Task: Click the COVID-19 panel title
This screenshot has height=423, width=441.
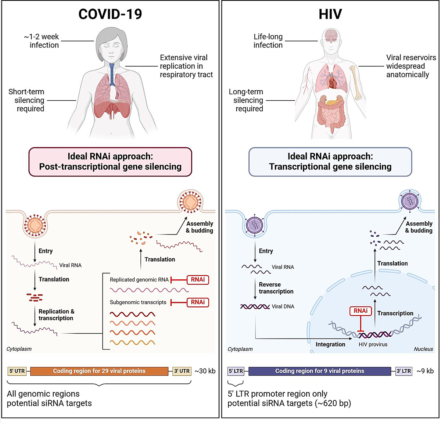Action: pyautogui.click(x=110, y=14)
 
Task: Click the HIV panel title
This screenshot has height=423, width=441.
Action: pyautogui.click(x=330, y=14)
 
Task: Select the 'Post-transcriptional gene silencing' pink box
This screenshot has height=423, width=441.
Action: pyautogui.click(x=110, y=162)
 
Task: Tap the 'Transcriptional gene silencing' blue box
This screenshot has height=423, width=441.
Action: pyautogui.click(x=330, y=162)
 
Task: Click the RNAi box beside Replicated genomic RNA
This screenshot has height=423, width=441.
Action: pyautogui.click(x=198, y=280)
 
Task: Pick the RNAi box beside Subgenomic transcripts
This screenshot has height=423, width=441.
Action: pyautogui.click(x=198, y=302)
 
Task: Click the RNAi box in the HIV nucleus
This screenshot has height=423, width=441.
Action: pyautogui.click(x=361, y=311)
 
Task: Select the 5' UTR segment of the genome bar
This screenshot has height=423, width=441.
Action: pyautogui.click(x=17, y=371)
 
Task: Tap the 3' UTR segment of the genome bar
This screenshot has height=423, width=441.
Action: pyautogui.click(x=182, y=371)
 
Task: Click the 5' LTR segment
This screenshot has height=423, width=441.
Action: pyautogui.click(x=236, y=371)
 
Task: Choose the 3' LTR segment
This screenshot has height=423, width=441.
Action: pyautogui.click(x=404, y=371)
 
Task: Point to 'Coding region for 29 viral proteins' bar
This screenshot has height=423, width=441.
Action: pyautogui.click(x=99, y=371)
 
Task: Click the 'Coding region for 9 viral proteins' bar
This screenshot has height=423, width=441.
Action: pyautogui.click(x=320, y=371)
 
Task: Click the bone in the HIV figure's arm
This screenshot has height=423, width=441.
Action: pyautogui.click(x=356, y=83)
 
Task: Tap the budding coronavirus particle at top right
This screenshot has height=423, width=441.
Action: pyautogui.click(x=190, y=202)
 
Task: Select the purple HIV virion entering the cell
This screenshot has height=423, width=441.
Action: pyautogui.click(x=255, y=224)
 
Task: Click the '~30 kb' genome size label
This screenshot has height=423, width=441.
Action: pyautogui.click(x=205, y=371)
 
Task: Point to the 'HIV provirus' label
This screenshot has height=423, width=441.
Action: pyautogui.click(x=373, y=344)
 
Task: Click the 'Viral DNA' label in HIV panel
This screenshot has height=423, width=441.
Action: pyautogui.click(x=283, y=307)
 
